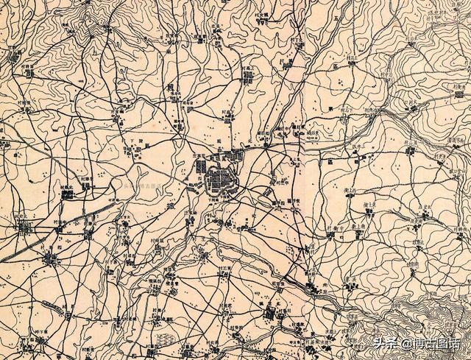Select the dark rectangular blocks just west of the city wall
point(200,171)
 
